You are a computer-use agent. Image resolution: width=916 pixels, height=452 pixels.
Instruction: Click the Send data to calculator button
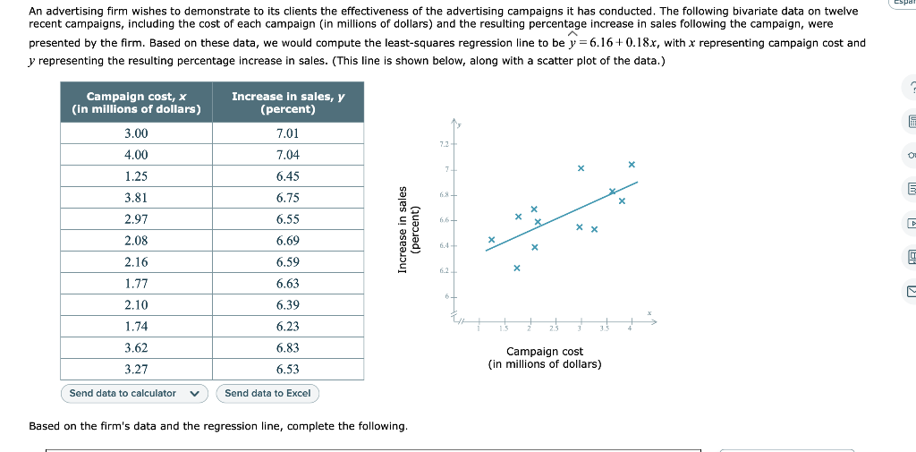click(134, 394)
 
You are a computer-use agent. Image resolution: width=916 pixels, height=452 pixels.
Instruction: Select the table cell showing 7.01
click(288, 133)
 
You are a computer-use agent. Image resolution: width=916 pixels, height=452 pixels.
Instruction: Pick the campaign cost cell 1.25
click(137, 176)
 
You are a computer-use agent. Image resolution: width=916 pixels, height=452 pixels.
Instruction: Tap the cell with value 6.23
click(288, 327)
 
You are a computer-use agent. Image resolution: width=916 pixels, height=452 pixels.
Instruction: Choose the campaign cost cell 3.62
click(137, 348)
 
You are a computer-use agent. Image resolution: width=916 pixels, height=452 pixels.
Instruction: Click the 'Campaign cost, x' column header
click(137, 102)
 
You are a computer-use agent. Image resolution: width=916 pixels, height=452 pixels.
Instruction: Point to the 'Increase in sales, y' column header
click(288, 102)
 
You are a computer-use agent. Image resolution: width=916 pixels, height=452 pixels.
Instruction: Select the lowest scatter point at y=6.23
click(517, 268)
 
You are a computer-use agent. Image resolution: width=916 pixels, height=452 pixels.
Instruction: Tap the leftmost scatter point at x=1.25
click(491, 240)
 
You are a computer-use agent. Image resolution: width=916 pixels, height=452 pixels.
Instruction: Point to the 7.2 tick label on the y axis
click(444, 143)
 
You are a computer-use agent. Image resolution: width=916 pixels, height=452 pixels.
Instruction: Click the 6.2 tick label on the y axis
click(444, 270)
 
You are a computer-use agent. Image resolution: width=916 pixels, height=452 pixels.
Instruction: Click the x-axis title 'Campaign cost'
click(544, 352)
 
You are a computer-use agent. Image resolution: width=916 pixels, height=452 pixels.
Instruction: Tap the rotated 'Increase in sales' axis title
click(403, 229)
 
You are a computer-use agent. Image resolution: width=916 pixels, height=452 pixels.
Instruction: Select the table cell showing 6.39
click(288, 305)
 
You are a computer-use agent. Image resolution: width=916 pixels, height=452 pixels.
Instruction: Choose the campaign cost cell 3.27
click(137, 370)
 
